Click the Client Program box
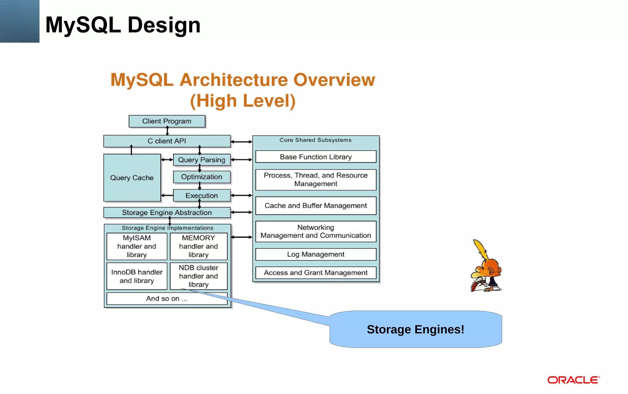(167, 121)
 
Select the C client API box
(167, 141)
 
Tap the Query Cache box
(132, 178)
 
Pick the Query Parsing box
(201, 160)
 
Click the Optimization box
(201, 177)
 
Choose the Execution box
(201, 196)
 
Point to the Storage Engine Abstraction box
(167, 212)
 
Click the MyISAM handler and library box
(137, 246)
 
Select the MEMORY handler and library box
(198, 246)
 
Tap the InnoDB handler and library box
(137, 276)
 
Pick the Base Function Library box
(316, 157)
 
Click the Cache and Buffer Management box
(316, 206)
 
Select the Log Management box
(316, 254)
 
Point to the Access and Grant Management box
(316, 273)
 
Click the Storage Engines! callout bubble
(415, 329)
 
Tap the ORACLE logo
(573, 380)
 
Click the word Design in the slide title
(164, 25)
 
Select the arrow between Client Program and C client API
(167, 131)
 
